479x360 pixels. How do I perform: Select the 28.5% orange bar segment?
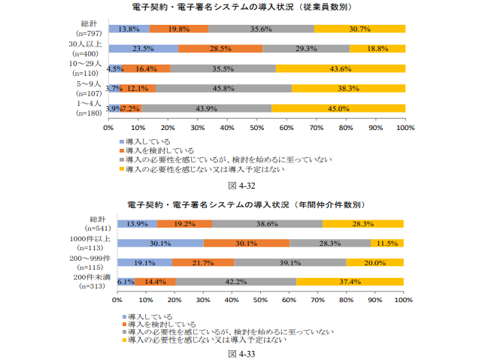click(220, 48)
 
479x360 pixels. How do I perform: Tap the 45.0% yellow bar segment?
click(338, 107)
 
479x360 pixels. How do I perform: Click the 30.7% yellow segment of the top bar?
click(359, 29)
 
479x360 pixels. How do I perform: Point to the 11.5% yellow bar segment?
click(387, 243)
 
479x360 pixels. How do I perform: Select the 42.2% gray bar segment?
click(235, 282)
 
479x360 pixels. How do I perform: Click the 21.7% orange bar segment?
click(202, 262)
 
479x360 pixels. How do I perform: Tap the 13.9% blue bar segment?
click(137, 223)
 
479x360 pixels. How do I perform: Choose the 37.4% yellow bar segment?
click(350, 282)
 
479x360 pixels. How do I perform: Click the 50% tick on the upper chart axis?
click(256, 129)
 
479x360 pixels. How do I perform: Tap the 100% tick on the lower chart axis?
click(404, 299)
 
